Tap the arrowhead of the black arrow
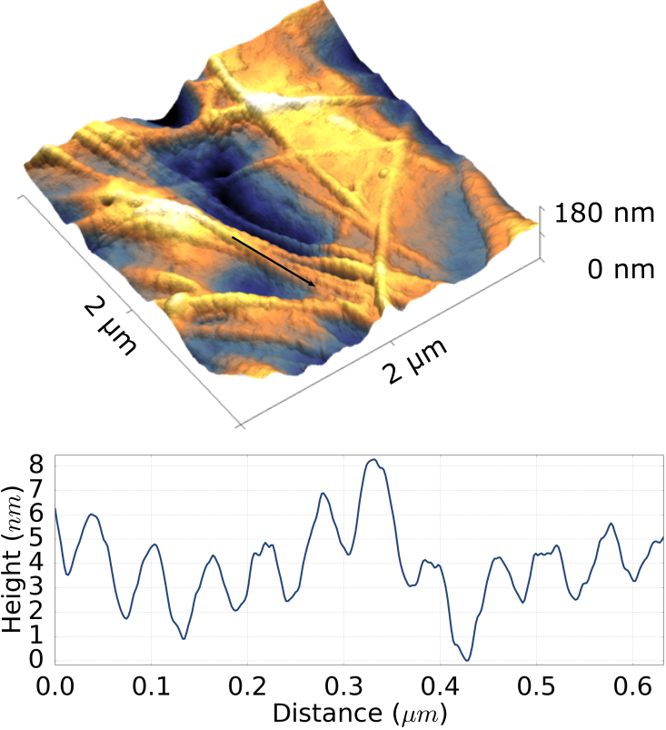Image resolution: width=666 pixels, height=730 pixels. tap(314, 285)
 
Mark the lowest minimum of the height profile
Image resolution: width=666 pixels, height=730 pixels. tap(467, 660)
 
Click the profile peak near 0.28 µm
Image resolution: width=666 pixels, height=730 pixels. tap(323, 494)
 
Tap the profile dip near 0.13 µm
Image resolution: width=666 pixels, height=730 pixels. tap(184, 638)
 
